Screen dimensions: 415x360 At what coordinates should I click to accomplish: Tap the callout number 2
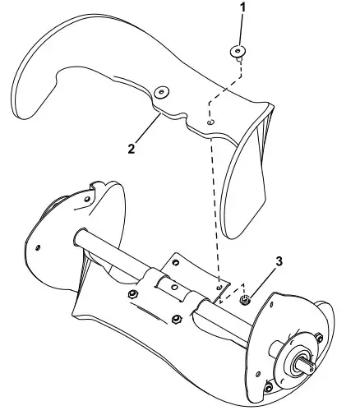130,149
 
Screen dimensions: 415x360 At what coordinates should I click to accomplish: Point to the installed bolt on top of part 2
161,91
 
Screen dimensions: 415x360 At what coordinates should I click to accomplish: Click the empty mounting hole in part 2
210,122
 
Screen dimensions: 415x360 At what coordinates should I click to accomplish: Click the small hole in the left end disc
38,247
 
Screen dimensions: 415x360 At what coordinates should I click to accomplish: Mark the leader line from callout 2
148,131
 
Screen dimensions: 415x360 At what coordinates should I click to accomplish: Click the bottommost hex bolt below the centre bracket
176,320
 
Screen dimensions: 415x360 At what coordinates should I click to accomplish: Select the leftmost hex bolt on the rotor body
132,293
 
